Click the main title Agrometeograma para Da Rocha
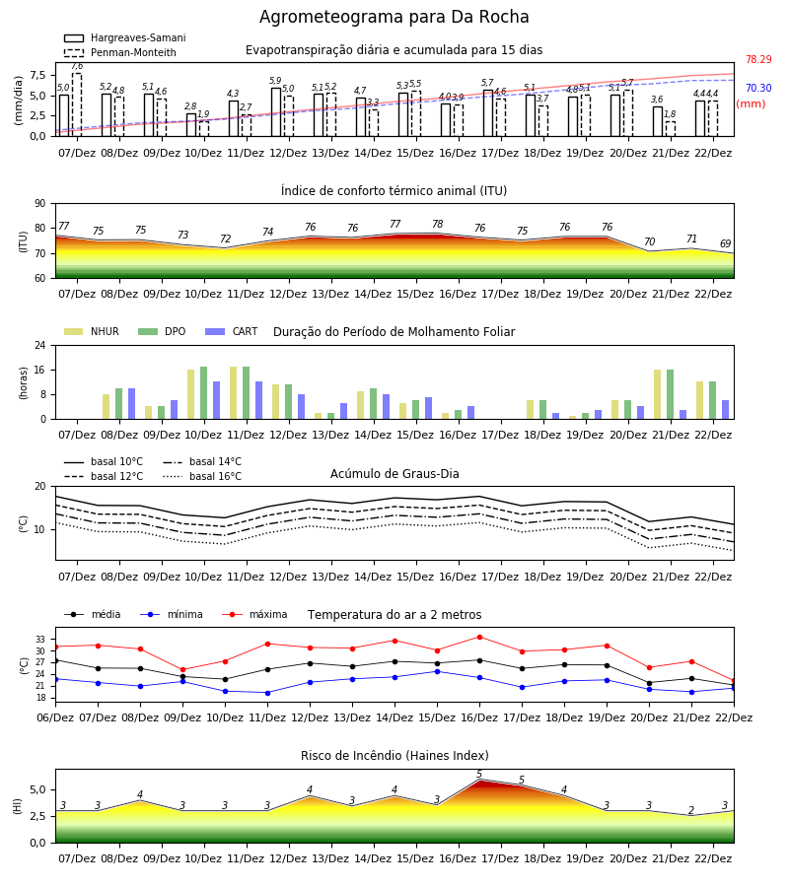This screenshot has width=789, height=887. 394,17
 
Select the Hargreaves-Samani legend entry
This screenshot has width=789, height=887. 125,37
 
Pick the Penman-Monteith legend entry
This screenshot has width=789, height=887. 120,52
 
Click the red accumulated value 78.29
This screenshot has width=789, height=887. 758,59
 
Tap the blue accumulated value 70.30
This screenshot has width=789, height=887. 758,88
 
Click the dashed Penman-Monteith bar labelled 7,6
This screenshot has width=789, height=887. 77,104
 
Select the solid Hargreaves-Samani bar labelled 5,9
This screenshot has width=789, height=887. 276,112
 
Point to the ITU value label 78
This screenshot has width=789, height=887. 438,224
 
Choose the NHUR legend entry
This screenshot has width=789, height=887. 92,331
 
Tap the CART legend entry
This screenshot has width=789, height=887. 232,331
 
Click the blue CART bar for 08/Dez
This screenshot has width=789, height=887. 132,404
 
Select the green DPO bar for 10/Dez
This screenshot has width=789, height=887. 204,393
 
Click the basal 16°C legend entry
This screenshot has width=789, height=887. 202,476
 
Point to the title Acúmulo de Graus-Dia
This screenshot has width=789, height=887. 394,474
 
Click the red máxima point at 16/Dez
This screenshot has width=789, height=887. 480,637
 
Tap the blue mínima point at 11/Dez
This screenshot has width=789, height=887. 267,693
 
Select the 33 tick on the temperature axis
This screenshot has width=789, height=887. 40,640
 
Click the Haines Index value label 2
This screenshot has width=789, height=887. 691,810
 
